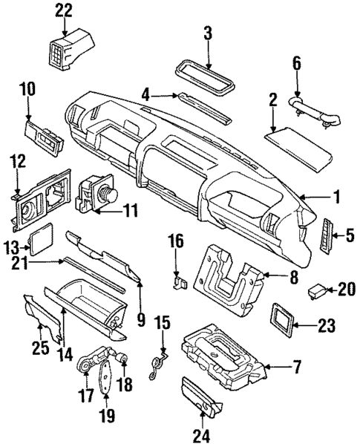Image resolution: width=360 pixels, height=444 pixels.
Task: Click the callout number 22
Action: tap(65, 10)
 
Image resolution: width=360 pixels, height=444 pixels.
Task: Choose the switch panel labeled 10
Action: tap(44, 134)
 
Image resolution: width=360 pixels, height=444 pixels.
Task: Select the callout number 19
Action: tap(108, 416)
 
